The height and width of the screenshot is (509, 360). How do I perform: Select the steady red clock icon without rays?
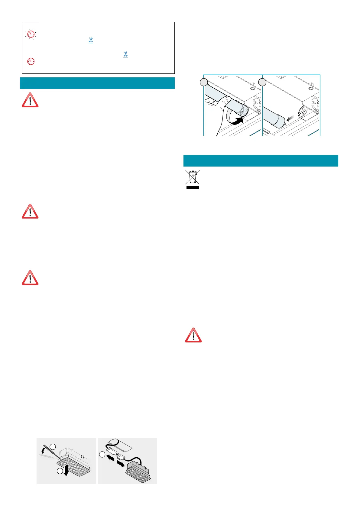(x=31, y=61)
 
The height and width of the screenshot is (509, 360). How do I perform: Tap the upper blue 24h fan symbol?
(x=91, y=40)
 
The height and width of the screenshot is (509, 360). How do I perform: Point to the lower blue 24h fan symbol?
(x=125, y=54)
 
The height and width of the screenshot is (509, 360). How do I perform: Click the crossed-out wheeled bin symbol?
(x=192, y=177)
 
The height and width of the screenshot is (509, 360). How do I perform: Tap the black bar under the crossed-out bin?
(x=192, y=187)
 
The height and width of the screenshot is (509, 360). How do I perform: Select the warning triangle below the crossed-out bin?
(x=193, y=335)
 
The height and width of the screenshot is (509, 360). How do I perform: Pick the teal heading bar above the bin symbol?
(x=261, y=160)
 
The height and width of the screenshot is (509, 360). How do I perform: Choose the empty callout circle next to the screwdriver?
(x=53, y=447)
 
